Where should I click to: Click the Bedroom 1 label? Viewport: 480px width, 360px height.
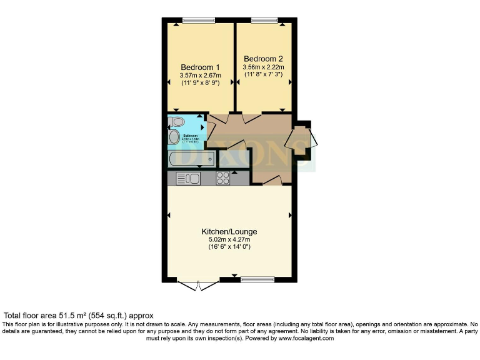(200, 67)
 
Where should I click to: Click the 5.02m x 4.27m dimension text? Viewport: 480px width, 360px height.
(229, 239)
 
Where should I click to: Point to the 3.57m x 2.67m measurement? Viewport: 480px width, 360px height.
(200, 76)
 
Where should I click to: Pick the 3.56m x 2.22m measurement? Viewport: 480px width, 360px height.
(263, 67)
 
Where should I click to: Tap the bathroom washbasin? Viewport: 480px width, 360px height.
(173, 136)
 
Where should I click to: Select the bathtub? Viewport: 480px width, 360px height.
(191, 159)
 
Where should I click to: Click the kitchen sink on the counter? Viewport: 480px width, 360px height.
(187, 179)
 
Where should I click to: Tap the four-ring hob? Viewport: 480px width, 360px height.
(223, 178)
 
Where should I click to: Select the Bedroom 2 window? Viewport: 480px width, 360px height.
(265, 20)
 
